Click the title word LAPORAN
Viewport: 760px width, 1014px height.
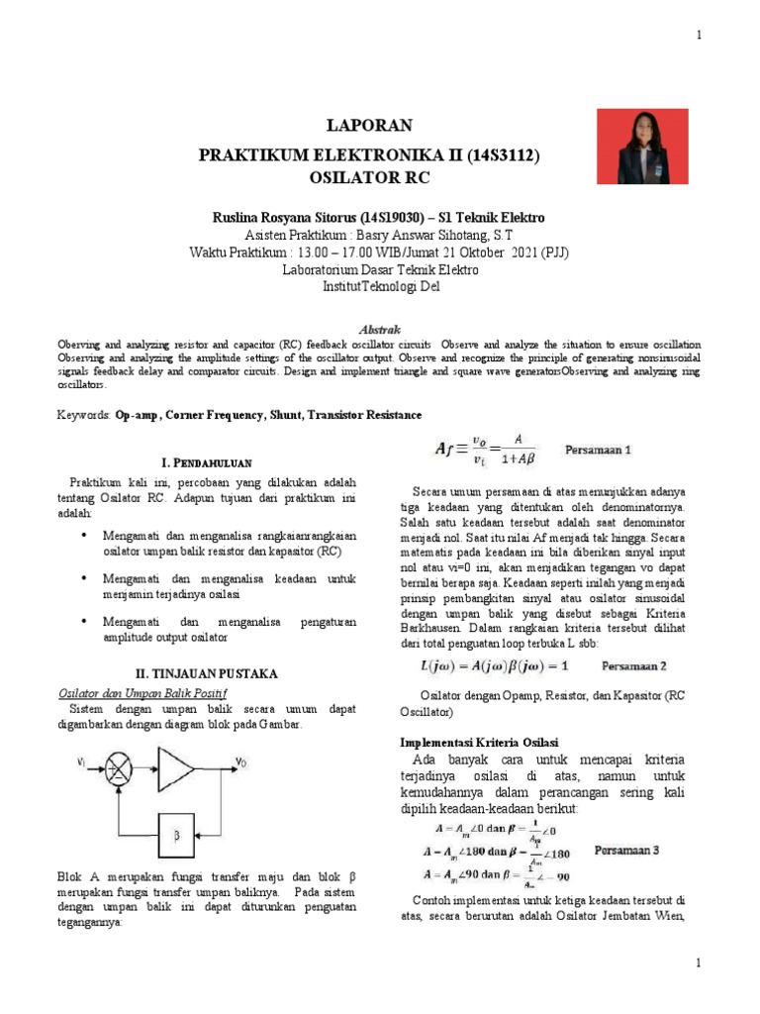368,126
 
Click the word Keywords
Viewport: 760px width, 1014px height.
83,415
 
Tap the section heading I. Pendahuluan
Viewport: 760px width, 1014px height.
207,462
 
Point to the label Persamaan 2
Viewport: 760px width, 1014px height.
627,665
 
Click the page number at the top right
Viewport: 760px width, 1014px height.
699,36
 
